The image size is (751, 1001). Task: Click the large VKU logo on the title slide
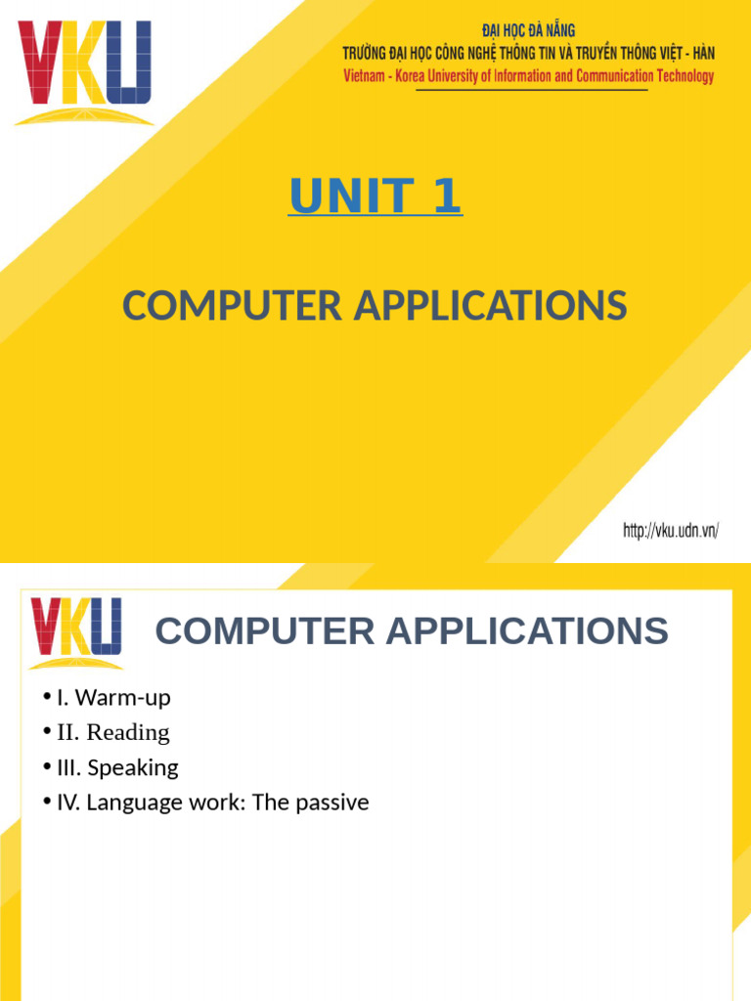pos(84,72)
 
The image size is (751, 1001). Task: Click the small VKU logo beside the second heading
pos(76,631)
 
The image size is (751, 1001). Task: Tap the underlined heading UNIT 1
pos(375,196)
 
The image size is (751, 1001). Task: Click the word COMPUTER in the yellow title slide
pos(232,307)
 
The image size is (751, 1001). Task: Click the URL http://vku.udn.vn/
pos(671,531)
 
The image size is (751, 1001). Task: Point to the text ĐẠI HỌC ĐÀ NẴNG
pos(529,31)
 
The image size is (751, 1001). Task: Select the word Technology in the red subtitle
pos(683,76)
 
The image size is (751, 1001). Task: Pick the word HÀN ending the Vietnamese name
pos(700,53)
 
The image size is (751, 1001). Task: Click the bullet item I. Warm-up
pos(113,698)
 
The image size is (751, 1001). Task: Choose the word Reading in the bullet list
pos(128,732)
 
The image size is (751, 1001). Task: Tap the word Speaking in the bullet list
pos(133,767)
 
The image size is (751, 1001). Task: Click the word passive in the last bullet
pos(333,803)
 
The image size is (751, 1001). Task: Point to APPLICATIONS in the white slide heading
pos(527,631)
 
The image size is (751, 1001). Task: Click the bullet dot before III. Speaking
pos(46,767)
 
